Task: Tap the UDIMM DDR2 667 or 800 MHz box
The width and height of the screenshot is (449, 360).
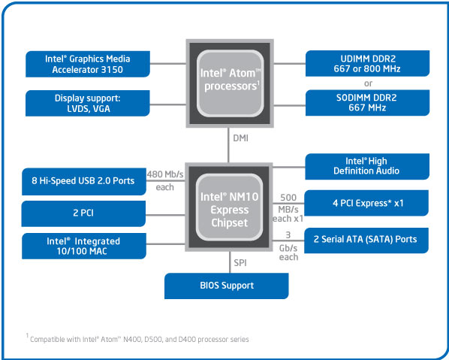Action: point(367,63)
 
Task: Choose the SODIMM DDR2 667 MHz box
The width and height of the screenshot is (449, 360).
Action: point(367,103)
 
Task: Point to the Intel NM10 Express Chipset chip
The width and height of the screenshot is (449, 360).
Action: point(230,207)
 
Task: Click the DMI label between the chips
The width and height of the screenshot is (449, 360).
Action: point(240,138)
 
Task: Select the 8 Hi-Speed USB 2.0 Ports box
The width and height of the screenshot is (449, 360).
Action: point(84,182)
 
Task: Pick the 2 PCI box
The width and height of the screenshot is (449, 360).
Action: point(84,213)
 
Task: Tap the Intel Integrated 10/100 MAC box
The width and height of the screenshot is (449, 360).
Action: point(84,247)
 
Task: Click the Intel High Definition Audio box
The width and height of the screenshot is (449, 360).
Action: point(367,165)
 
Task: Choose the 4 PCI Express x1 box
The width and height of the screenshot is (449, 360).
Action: point(367,202)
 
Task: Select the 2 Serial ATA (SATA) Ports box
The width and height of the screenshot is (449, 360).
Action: point(367,239)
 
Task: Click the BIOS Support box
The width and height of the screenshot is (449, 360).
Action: point(227,286)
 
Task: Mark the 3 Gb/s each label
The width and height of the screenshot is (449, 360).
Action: point(288,247)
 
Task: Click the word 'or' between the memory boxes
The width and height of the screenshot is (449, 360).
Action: point(367,83)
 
